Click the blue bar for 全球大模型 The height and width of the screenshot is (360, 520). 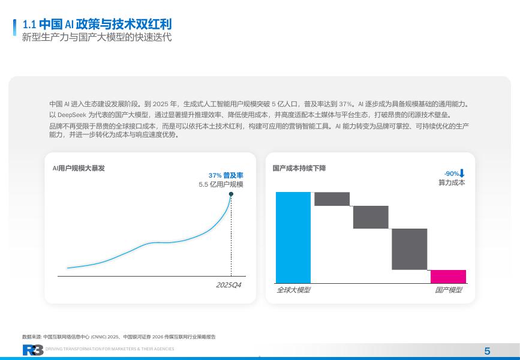click(293, 238)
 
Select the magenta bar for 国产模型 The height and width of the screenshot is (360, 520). click(449, 277)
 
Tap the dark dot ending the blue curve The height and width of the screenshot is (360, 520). click(231, 194)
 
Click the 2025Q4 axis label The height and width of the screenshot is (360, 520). click(229, 285)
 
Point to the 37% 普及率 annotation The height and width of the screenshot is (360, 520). click(226, 176)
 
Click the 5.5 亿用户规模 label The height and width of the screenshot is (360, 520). click(221, 184)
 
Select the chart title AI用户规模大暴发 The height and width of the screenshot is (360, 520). click(79, 168)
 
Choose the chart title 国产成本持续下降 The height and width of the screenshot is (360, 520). click(299, 168)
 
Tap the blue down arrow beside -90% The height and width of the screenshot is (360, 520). click(462, 173)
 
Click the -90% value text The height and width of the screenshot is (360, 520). click(452, 173)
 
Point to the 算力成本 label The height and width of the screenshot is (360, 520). click(452, 182)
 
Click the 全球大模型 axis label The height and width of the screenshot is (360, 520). click(293, 290)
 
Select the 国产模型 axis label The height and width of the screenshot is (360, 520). click(449, 290)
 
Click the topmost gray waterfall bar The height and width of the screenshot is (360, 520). click(332, 199)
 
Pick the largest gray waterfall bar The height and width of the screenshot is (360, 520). click(409, 249)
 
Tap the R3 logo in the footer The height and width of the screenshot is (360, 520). click(33, 350)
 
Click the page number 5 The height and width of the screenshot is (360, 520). click(487, 351)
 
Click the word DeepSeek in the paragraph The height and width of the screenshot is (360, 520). click(72, 115)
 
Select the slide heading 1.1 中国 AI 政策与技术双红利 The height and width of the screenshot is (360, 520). click(97, 24)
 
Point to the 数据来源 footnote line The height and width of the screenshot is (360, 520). click(119, 337)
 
